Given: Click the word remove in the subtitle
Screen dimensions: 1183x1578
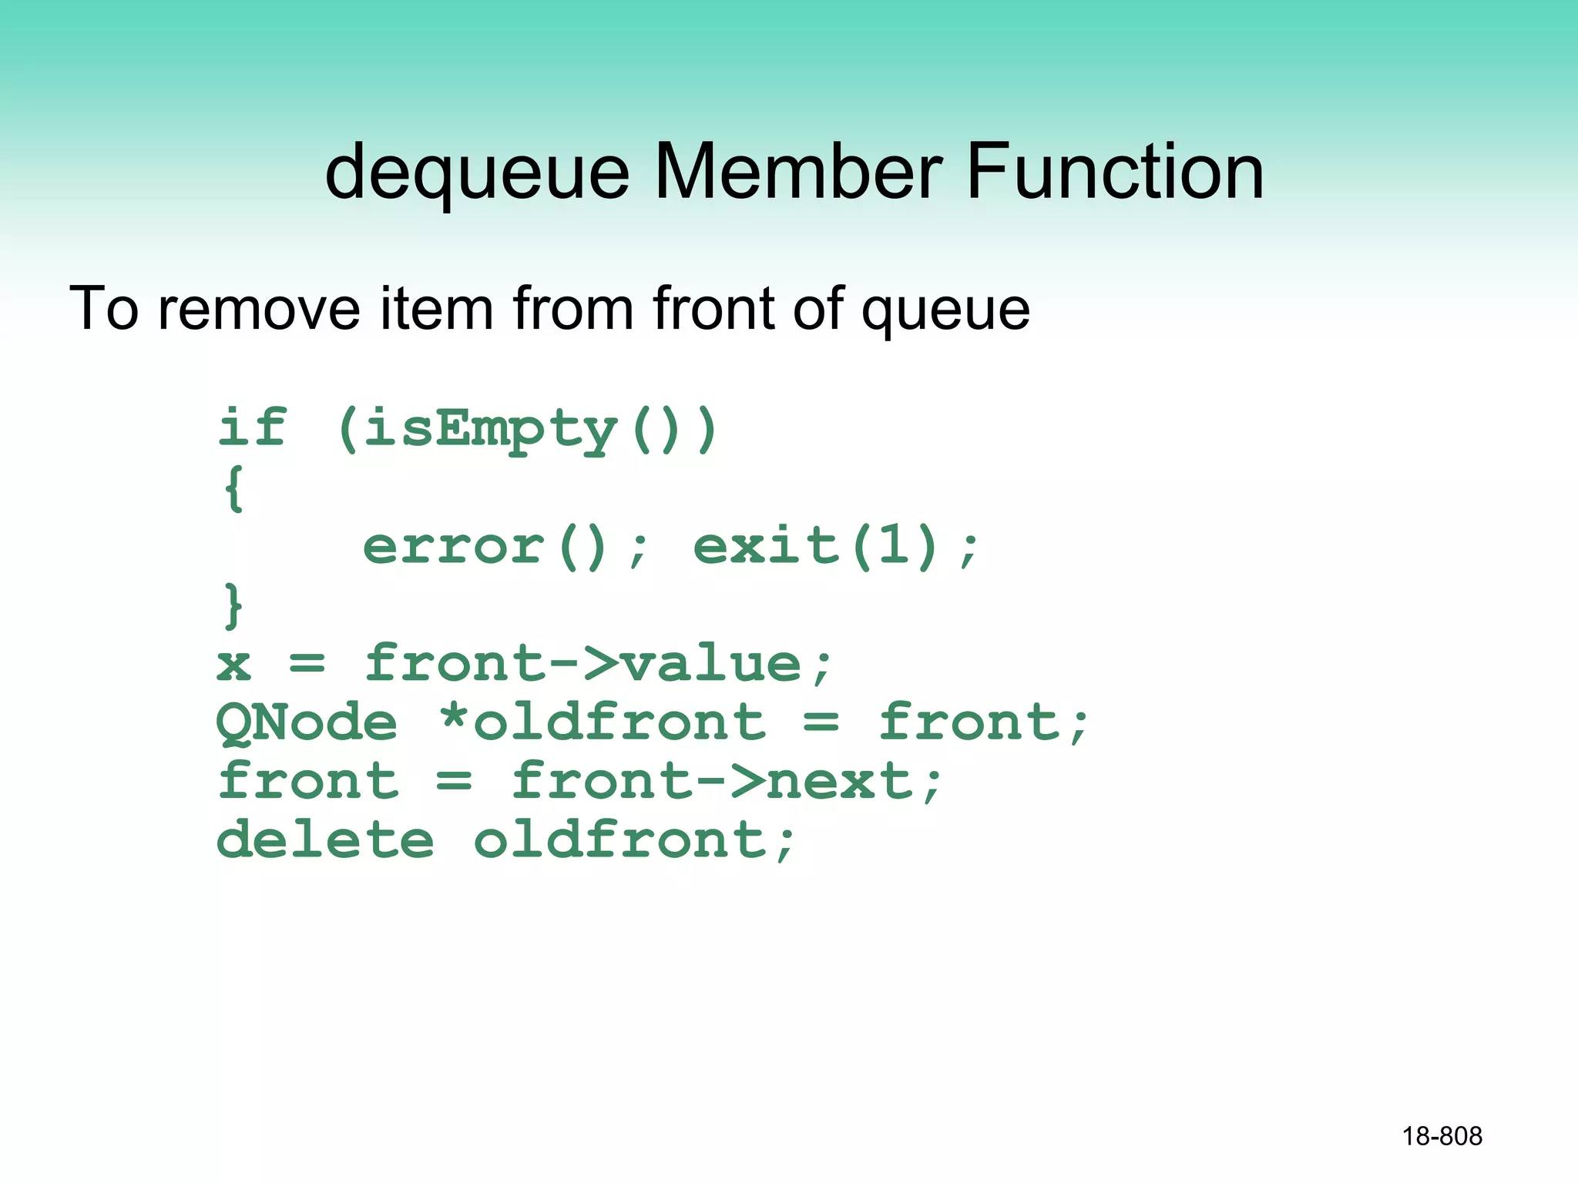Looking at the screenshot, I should [259, 308].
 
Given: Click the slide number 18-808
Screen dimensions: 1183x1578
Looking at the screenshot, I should [1442, 1136].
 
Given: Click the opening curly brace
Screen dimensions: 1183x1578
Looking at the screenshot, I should [233, 488].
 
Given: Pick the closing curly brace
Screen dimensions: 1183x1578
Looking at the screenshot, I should [233, 605].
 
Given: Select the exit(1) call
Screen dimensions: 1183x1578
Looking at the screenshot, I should [817, 547].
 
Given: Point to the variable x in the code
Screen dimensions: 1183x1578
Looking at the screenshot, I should [233, 664].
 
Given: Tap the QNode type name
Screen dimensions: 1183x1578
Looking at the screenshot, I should [307, 723].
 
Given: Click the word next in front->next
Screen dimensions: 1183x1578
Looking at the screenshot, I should [840, 781].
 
